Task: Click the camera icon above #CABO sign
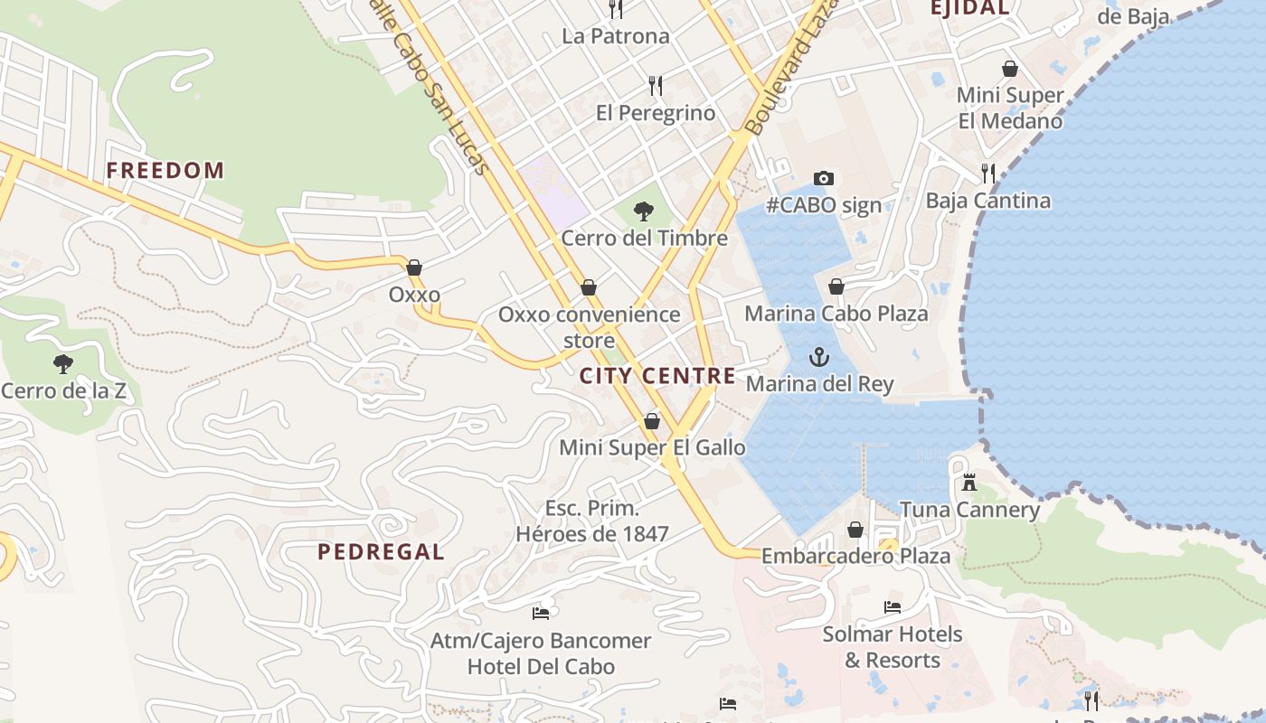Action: (823, 178)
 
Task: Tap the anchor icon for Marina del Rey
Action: (818, 357)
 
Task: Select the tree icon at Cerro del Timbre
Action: (644, 211)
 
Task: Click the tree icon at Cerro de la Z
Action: (63, 364)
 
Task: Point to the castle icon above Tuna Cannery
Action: (969, 483)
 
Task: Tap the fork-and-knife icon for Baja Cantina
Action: (987, 174)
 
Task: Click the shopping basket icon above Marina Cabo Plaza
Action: (836, 286)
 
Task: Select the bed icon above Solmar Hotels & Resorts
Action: (893, 607)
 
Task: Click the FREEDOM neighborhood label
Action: (165, 171)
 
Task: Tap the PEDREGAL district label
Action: (381, 552)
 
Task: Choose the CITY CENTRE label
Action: (657, 377)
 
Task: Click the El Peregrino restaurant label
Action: (656, 113)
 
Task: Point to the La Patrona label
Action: (616, 36)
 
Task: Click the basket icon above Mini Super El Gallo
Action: (652, 421)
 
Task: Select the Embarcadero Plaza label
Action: (855, 556)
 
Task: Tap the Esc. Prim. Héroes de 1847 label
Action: (592, 521)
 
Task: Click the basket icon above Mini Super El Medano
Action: (1010, 69)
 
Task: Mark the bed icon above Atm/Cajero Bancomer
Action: (541, 614)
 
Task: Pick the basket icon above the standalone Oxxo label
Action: (414, 268)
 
